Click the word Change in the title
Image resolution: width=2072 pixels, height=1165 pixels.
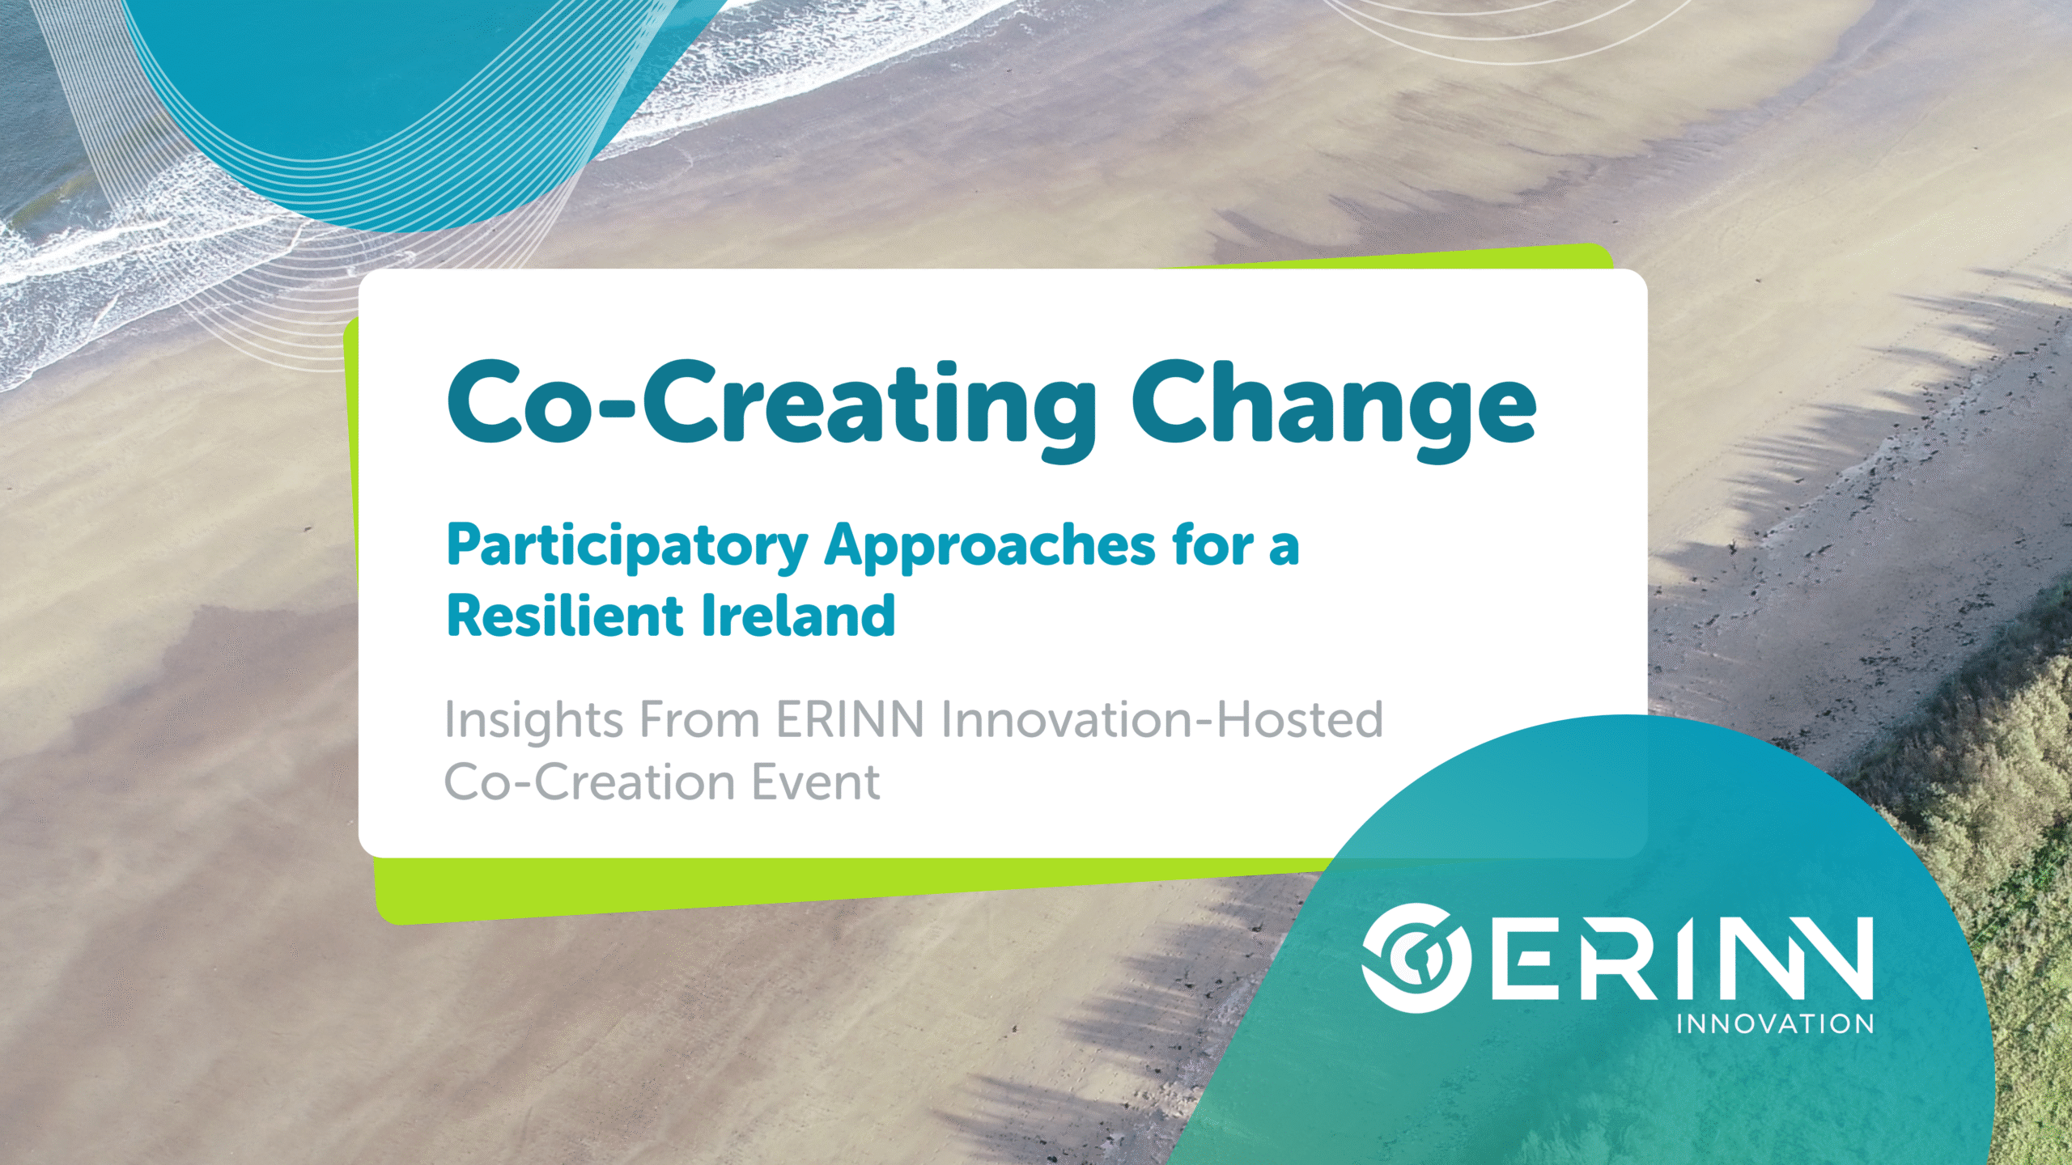(1333, 409)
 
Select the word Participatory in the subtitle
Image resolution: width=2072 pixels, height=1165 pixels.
(627, 548)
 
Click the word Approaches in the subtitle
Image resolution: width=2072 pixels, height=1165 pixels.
(990, 548)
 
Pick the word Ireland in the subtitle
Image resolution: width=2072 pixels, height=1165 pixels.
(798, 616)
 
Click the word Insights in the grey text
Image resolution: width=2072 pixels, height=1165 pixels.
(533, 722)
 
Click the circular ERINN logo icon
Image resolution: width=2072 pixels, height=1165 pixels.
(1416, 957)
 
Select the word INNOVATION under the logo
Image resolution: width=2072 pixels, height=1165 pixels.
(1775, 1024)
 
